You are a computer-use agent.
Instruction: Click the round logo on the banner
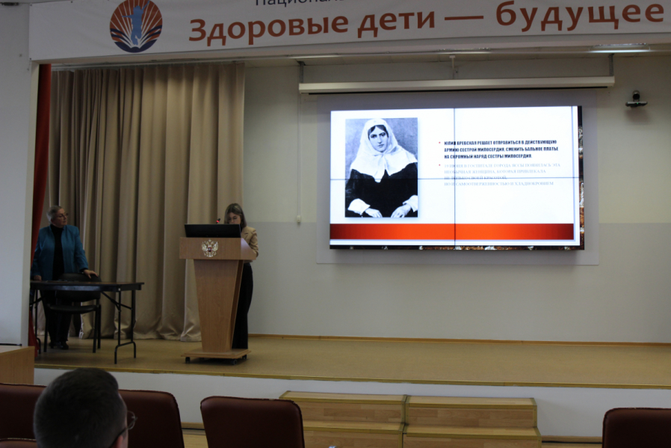click(135, 25)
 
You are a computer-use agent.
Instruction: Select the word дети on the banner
click(401, 22)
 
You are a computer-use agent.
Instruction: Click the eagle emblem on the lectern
click(211, 248)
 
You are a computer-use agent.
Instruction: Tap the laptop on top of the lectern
click(212, 230)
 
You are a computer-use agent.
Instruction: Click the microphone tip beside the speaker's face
click(219, 221)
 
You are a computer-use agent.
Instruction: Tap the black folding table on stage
click(86, 286)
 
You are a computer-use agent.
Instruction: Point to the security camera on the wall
click(637, 99)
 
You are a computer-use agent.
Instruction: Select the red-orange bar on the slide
click(452, 232)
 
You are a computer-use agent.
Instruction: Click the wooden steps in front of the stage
click(409, 418)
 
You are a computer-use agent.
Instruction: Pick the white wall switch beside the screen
click(298, 220)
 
